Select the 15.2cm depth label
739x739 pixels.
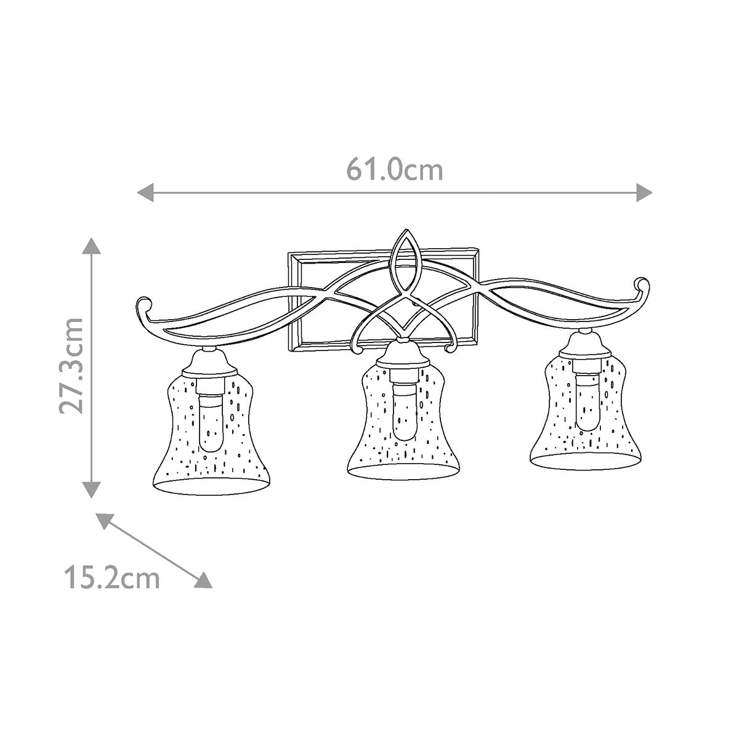click(x=111, y=578)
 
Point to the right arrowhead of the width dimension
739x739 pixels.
click(x=644, y=192)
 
